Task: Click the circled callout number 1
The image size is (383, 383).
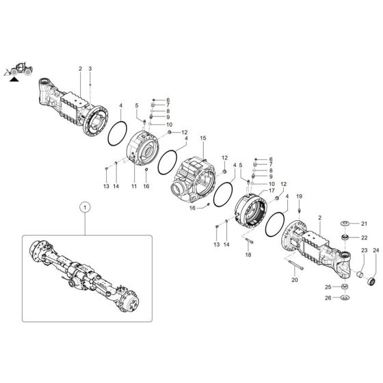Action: point(85,206)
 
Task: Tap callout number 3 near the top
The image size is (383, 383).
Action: point(90,69)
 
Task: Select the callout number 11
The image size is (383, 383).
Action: point(134,186)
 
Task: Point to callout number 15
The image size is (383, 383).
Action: point(202,139)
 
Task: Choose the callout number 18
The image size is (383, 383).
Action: point(248,254)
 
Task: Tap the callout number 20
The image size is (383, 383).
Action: point(295,280)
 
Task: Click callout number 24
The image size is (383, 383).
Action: point(375,252)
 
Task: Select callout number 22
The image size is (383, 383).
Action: point(365,237)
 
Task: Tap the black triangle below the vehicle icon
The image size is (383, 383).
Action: point(13,80)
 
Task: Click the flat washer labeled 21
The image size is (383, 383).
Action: point(345,224)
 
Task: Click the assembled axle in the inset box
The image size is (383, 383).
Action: point(85,274)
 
